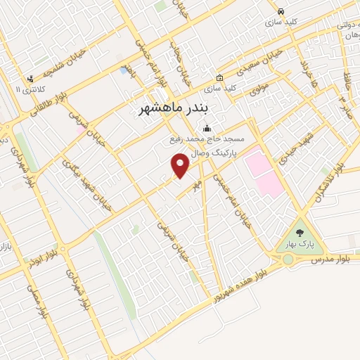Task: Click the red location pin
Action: pos(181,166)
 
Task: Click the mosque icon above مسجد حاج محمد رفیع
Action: pos(207,129)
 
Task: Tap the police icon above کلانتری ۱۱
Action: pos(30,79)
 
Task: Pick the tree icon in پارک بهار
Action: pos(300,233)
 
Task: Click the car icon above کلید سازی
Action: pos(281,12)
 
